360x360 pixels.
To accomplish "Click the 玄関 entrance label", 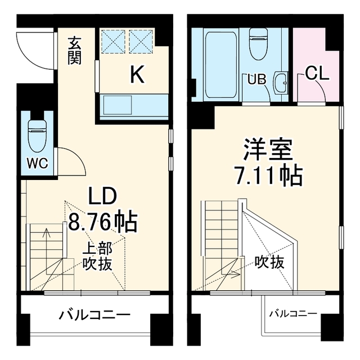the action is [75, 51].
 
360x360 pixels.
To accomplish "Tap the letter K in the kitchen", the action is [137, 74].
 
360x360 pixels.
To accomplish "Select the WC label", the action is [38, 163].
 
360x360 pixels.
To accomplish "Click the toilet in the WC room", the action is [37, 136].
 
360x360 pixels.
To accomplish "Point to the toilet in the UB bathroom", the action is [258, 44].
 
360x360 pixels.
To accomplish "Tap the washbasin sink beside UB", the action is [280, 83].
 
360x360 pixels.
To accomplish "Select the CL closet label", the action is [317, 73].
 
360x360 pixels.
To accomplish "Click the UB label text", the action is [256, 79].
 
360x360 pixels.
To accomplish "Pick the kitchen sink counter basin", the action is [118, 105].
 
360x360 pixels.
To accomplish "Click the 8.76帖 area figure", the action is [102, 221].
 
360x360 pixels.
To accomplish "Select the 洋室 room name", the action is [268, 150].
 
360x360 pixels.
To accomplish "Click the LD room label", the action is [102, 196].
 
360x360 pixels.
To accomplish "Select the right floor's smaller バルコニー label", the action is [293, 314].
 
